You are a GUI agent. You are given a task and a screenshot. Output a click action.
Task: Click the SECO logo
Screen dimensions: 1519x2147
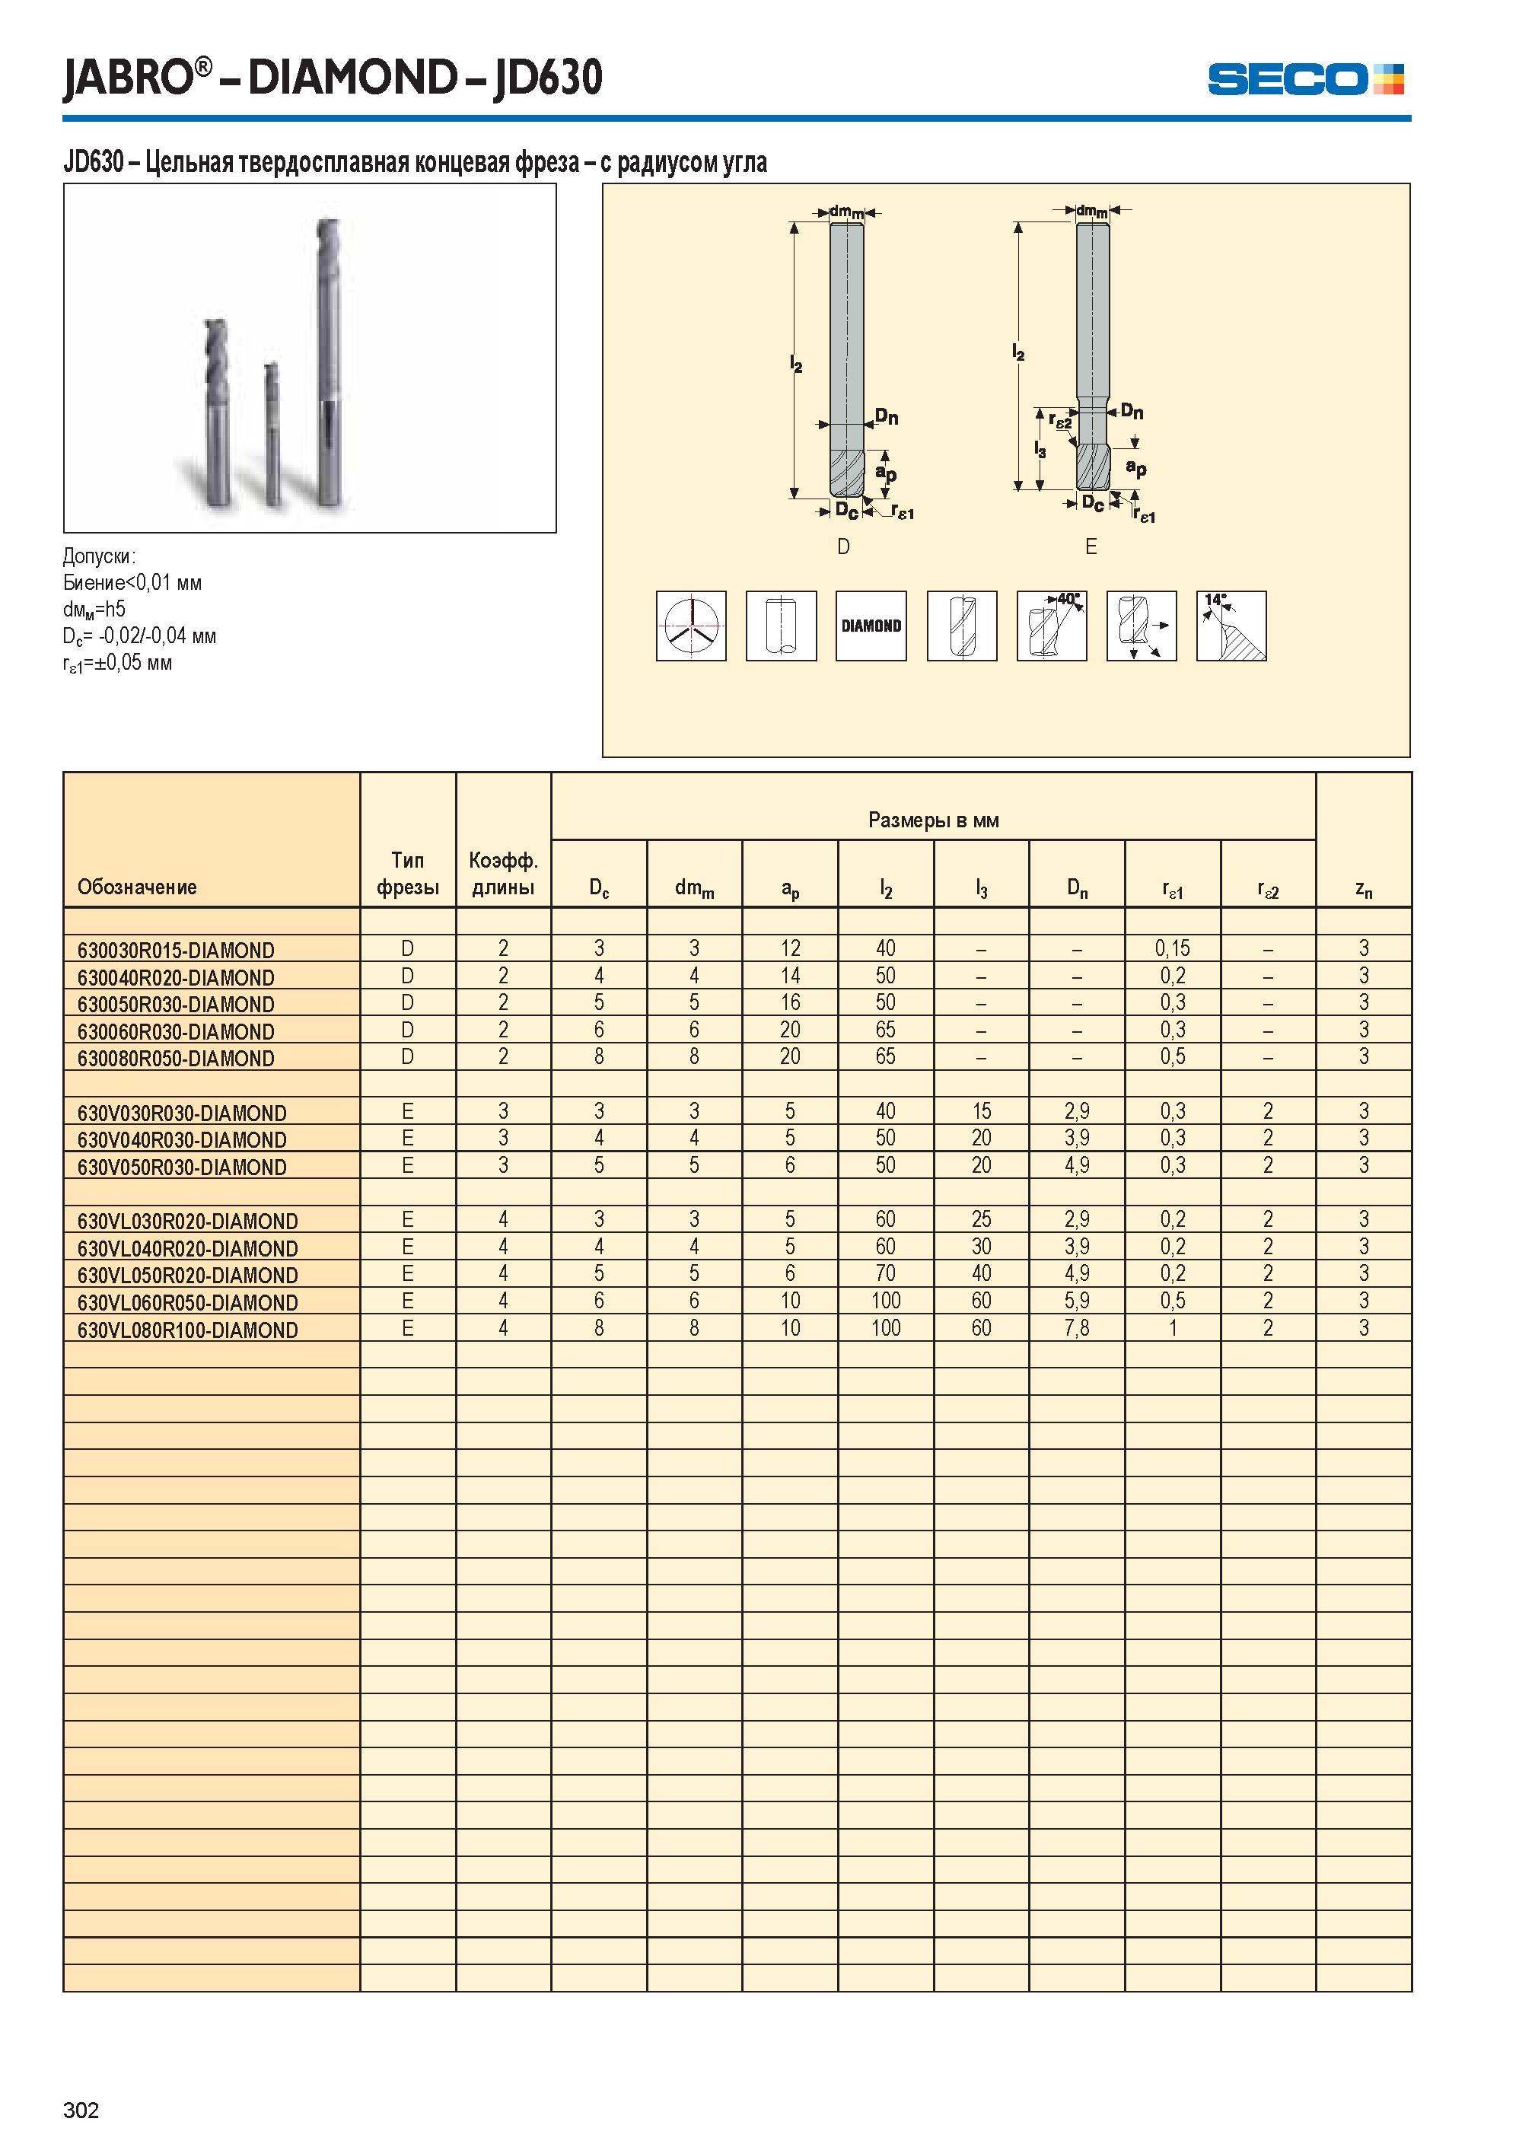pyautogui.click(x=1305, y=78)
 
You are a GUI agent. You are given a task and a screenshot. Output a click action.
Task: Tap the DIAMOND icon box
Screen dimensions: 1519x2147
pyautogui.click(x=871, y=626)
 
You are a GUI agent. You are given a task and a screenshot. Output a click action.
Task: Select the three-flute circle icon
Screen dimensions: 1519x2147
pyautogui.click(x=691, y=626)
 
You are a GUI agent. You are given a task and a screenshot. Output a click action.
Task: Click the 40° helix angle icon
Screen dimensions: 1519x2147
pyautogui.click(x=1051, y=626)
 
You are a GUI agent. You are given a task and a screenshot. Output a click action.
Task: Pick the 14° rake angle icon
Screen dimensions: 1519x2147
pyautogui.click(x=1231, y=626)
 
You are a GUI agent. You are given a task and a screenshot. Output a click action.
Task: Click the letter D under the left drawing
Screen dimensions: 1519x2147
pyautogui.click(x=844, y=547)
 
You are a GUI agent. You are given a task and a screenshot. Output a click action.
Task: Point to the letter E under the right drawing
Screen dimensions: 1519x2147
pyautogui.click(x=1091, y=547)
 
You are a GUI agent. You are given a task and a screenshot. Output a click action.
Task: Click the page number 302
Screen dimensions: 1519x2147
pyautogui.click(x=81, y=2110)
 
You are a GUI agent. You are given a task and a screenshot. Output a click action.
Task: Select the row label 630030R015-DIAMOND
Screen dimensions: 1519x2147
pyautogui.click(x=176, y=951)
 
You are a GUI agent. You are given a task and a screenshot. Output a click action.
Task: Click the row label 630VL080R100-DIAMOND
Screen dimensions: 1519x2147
pyautogui.click(x=187, y=1330)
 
